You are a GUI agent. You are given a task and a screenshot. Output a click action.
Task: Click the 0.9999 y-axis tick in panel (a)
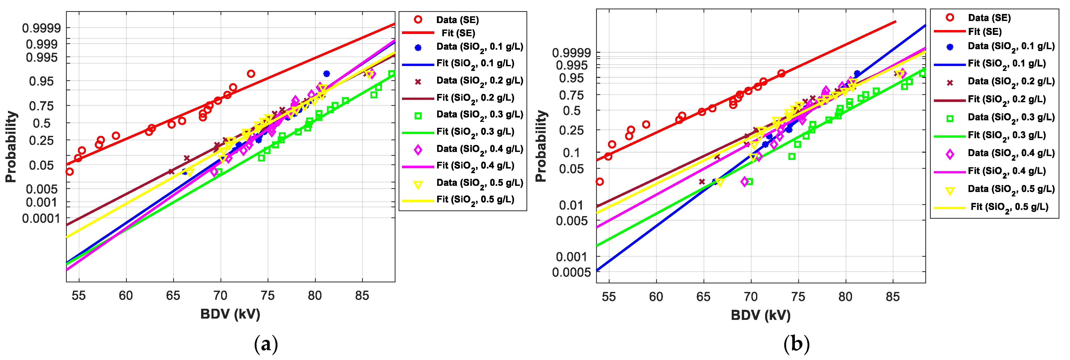(x=41, y=28)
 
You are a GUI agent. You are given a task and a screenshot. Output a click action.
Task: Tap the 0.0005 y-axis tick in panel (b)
(x=571, y=272)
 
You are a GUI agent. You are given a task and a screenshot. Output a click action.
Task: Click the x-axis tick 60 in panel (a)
(x=126, y=295)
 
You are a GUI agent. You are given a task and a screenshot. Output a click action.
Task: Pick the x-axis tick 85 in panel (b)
(x=893, y=297)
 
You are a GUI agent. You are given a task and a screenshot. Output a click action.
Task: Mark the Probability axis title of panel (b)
(x=540, y=146)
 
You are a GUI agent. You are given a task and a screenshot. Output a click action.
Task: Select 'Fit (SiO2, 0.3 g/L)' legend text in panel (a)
(x=475, y=132)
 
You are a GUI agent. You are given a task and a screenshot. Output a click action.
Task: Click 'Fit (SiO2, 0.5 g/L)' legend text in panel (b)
(x=1009, y=207)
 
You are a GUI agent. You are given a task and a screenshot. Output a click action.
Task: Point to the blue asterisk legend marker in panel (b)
(x=950, y=47)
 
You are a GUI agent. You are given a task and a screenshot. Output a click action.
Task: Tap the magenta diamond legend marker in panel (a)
(x=418, y=150)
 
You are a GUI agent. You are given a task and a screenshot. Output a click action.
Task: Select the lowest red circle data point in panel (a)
(x=70, y=172)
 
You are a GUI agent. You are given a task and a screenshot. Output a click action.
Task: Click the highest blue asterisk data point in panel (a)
(x=326, y=74)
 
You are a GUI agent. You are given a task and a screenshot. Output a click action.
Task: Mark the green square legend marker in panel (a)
(x=418, y=116)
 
